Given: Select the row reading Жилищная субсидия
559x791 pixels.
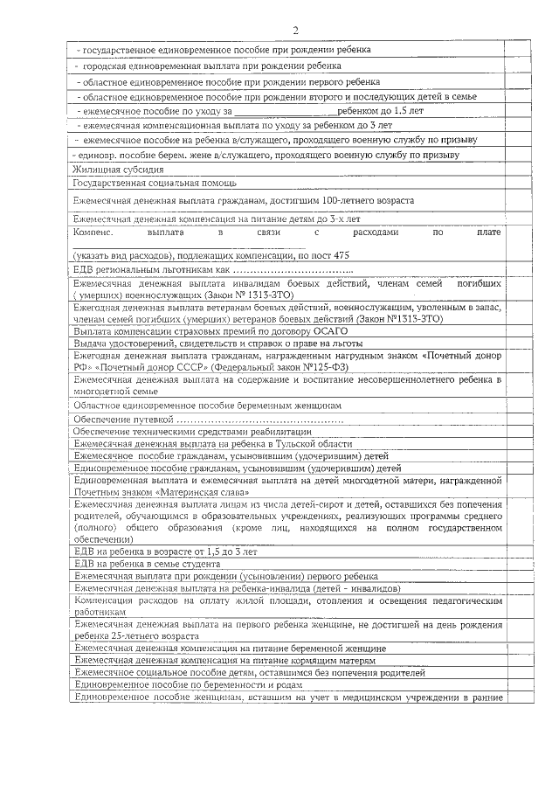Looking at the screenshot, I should (118, 170).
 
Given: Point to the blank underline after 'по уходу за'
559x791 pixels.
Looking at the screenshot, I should (286, 111).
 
